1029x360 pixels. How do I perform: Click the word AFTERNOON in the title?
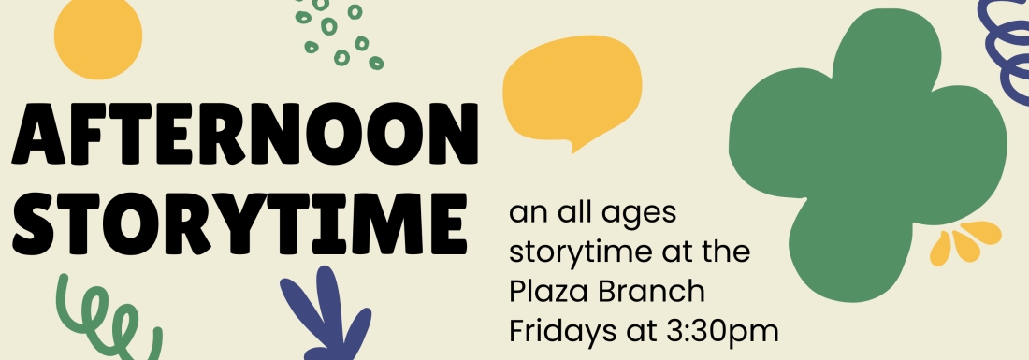point(245,133)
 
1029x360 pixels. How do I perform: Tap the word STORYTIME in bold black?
point(239,223)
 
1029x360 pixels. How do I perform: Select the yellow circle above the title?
point(98,37)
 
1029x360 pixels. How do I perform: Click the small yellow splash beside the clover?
point(965,243)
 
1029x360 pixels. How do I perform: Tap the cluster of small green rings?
point(338,34)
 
